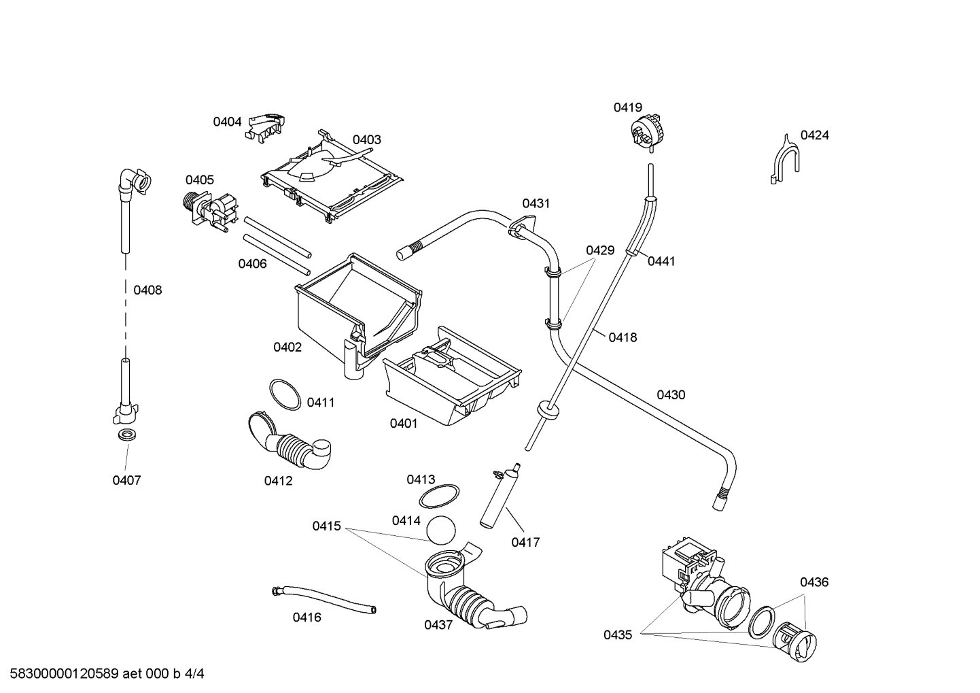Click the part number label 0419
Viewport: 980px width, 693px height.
tap(627, 107)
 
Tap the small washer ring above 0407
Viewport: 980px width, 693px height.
tap(126, 435)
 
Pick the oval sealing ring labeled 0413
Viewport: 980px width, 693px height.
tap(438, 497)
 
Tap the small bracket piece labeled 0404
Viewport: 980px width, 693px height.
tap(266, 126)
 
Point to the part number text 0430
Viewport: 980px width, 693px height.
tap(670, 395)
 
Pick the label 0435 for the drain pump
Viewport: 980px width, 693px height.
tap(617, 635)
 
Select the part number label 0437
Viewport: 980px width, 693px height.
tap(438, 625)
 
